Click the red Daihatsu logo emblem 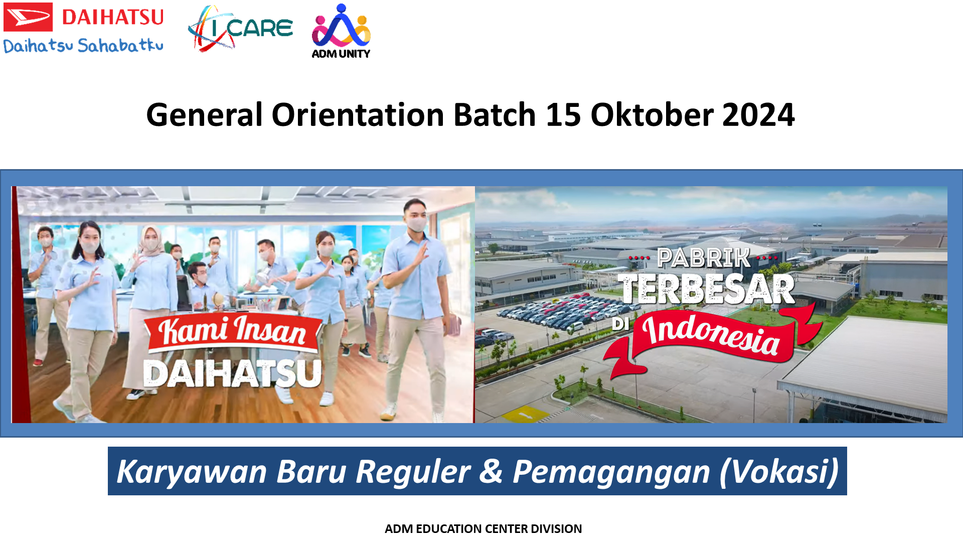(28, 17)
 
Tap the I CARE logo (240, 29)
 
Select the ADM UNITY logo (341, 31)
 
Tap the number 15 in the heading (563, 115)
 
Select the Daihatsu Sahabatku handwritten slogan (83, 45)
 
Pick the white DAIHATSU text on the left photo (232, 373)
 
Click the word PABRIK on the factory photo (704, 258)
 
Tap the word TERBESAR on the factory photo (707, 289)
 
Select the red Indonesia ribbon (712, 336)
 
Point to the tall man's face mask (417, 223)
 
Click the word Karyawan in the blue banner (192, 472)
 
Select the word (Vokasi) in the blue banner (779, 472)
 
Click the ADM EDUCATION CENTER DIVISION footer (483, 528)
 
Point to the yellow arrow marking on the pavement (526, 415)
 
